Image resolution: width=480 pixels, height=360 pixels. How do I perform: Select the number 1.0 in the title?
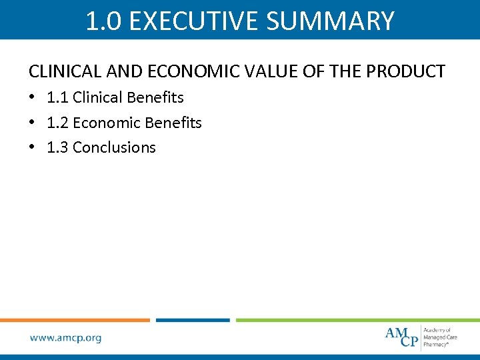tap(103, 21)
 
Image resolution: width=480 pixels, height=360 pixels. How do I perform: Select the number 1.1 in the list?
tap(57, 97)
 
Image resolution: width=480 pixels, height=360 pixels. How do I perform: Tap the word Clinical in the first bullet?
tap(98, 97)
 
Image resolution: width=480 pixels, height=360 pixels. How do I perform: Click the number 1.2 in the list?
tap(57, 123)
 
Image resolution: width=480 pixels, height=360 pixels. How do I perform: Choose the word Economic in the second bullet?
tap(103, 123)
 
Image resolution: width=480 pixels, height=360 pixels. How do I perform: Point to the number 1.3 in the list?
tap(57, 147)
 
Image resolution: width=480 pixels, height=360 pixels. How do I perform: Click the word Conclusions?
tap(114, 147)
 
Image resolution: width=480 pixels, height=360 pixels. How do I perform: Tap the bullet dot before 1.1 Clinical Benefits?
tap(32, 98)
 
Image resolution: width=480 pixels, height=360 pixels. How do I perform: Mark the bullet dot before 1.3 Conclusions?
tap(32, 148)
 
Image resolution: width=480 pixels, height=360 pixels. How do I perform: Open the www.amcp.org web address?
tap(65, 338)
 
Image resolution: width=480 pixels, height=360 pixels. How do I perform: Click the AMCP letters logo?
tap(401, 337)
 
